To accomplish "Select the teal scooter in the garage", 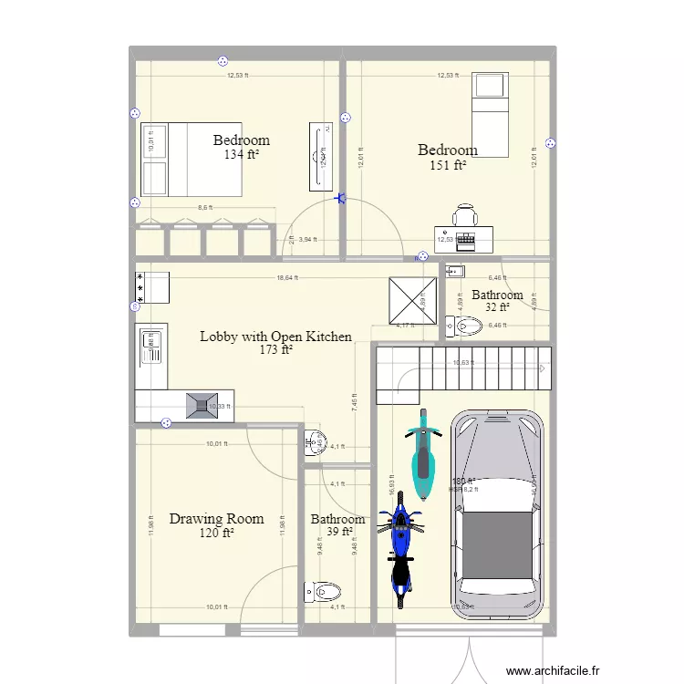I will [x=422, y=455].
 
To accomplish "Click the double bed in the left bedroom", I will [x=191, y=160].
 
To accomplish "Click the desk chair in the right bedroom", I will [x=465, y=216].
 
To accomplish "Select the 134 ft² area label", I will [x=241, y=155].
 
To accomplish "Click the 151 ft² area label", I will [x=448, y=165].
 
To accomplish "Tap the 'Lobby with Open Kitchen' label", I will [x=275, y=337].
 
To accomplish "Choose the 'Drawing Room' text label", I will [x=216, y=519].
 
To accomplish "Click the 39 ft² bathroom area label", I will [x=338, y=533].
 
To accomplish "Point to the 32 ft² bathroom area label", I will [x=497, y=308].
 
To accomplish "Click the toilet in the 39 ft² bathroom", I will [x=324, y=592].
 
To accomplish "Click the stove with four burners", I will [x=152, y=286].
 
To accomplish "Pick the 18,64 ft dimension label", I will [x=289, y=279].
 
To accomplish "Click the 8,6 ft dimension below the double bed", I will [x=205, y=208].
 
